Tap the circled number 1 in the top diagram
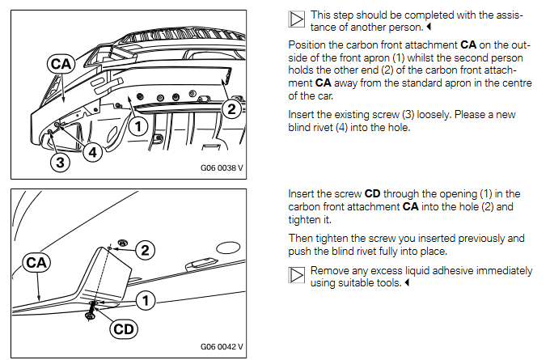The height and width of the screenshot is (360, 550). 138,125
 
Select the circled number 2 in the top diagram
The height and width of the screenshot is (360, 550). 231,108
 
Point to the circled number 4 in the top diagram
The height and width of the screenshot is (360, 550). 94,151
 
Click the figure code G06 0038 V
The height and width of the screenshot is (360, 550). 222,170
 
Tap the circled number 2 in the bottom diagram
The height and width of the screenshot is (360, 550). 145,251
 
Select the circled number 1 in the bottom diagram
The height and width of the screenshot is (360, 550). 145,301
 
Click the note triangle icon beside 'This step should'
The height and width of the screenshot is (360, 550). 297,19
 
